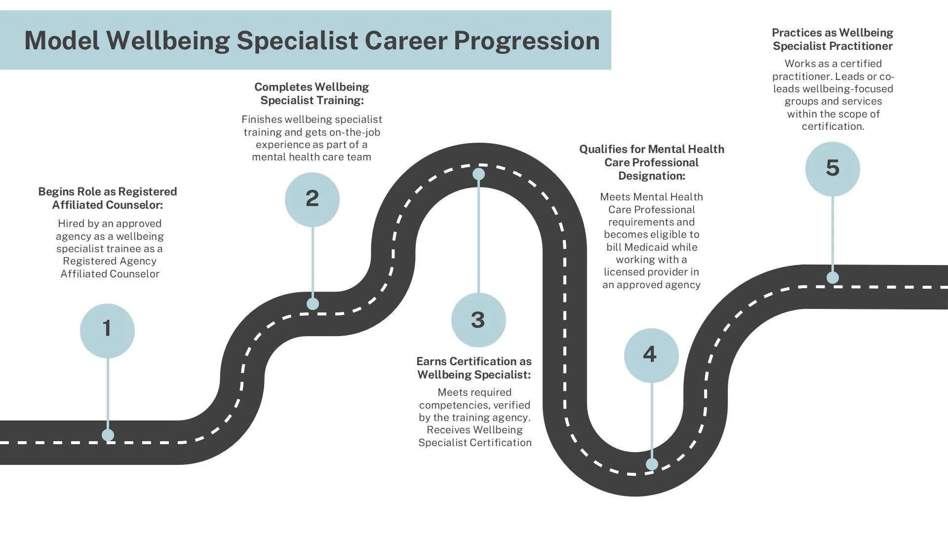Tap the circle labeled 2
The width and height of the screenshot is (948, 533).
[312, 199]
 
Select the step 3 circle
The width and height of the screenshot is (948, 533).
[478, 320]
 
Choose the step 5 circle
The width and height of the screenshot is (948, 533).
[832, 169]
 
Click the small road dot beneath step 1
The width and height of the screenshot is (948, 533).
[108, 435]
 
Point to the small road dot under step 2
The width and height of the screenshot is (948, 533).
[313, 304]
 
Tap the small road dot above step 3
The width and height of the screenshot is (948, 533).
[478, 174]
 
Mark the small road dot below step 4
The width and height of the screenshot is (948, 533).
[652, 464]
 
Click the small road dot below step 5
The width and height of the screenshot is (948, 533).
[832, 278]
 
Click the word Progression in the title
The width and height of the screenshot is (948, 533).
[526, 40]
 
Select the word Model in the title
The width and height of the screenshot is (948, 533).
[62, 40]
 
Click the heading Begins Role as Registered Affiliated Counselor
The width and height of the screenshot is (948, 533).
[108, 198]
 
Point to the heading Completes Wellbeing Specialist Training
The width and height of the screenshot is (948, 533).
[312, 93]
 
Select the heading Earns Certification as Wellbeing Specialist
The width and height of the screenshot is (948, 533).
[474, 368]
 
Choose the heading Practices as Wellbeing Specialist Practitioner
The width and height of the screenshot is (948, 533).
[832, 39]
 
